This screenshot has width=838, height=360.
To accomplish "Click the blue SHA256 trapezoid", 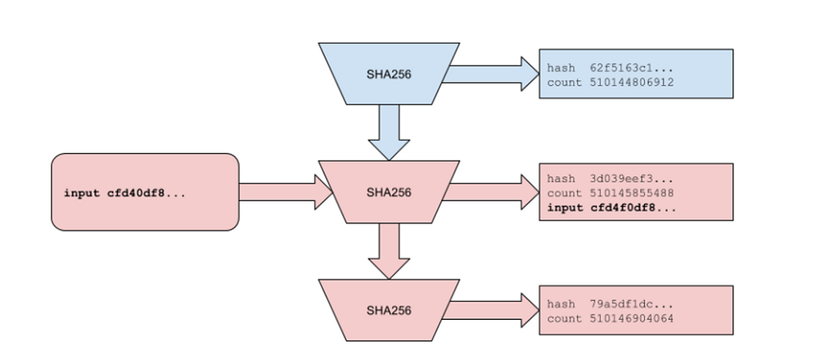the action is tap(389, 74).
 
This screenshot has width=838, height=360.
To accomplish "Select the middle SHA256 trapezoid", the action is tap(389, 191).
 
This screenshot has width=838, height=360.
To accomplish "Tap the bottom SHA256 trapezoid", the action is tap(389, 310).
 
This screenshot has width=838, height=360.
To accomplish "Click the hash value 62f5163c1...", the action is tap(632, 68).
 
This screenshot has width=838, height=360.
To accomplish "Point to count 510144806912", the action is tap(610, 83).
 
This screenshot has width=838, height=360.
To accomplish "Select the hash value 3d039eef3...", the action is tap(632, 178).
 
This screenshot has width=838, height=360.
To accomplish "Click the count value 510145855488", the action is tap(632, 193).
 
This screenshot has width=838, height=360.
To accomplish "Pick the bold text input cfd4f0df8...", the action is tap(611, 208).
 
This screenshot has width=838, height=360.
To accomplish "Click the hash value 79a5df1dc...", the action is tap(632, 304).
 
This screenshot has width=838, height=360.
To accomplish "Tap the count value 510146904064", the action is tap(632, 318).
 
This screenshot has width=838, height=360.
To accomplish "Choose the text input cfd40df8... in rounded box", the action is tap(124, 193).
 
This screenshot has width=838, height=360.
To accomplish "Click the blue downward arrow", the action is tap(389, 132).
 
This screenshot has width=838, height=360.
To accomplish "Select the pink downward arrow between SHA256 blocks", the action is tap(389, 251).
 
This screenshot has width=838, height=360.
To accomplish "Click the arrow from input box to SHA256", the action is tap(286, 191).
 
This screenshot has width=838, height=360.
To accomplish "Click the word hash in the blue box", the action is tap(561, 68).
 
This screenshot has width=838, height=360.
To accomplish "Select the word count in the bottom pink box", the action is tap(565, 318).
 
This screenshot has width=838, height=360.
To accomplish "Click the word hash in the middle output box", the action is tap(561, 178).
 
